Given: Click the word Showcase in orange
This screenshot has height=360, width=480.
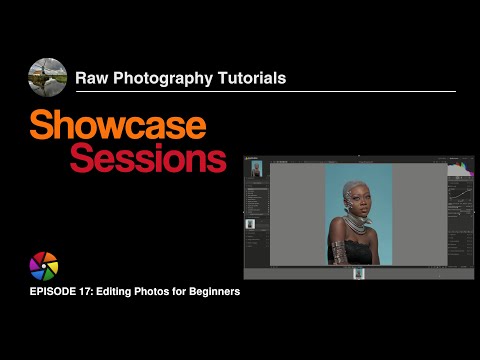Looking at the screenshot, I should pos(118,125).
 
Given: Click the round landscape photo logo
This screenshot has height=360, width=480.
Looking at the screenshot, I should pos(48,77).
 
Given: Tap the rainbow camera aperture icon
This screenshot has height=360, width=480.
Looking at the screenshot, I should pos(45,267).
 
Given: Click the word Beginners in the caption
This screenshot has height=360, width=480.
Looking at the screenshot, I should pos(210,292).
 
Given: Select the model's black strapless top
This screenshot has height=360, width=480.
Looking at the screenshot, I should pos(360,251).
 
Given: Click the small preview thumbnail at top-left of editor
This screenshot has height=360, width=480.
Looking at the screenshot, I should pos(256,169).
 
